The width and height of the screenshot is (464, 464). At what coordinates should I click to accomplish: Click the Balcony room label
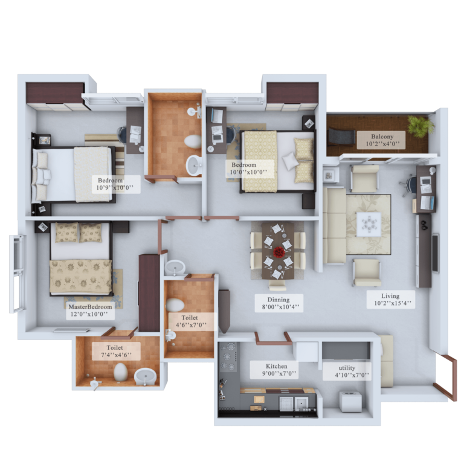[382, 137]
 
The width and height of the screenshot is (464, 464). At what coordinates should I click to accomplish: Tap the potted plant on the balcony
[420, 126]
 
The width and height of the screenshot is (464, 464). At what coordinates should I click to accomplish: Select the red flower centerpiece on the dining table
[279, 252]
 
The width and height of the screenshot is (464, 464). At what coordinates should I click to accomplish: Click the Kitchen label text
[276, 366]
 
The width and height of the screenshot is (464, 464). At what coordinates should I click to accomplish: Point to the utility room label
[347, 368]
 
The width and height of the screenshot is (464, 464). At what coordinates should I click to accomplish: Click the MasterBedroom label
[90, 306]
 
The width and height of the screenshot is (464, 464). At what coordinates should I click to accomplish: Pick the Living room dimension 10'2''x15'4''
[390, 303]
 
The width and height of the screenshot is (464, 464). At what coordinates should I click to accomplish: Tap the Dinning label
[279, 300]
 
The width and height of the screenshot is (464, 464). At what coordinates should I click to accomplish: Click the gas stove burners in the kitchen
[228, 356]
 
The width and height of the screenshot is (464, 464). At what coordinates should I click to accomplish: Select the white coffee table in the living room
[369, 224]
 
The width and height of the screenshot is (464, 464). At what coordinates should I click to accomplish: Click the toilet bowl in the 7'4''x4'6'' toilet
[120, 372]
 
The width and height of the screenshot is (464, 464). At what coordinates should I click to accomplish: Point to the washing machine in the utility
[350, 401]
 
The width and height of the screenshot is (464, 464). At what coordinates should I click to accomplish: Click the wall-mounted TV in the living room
[435, 253]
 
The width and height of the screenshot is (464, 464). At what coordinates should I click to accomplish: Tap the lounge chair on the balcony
[341, 137]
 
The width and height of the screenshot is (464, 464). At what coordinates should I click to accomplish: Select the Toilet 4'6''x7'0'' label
[189, 321]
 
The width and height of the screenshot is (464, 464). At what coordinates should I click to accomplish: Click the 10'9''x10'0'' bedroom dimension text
[115, 187]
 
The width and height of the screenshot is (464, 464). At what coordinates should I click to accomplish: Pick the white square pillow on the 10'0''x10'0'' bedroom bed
[289, 161]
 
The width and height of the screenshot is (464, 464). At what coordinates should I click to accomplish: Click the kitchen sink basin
[301, 404]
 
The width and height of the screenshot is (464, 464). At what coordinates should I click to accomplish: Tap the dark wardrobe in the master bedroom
[149, 292]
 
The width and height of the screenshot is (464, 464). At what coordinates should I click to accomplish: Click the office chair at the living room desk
[408, 185]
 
